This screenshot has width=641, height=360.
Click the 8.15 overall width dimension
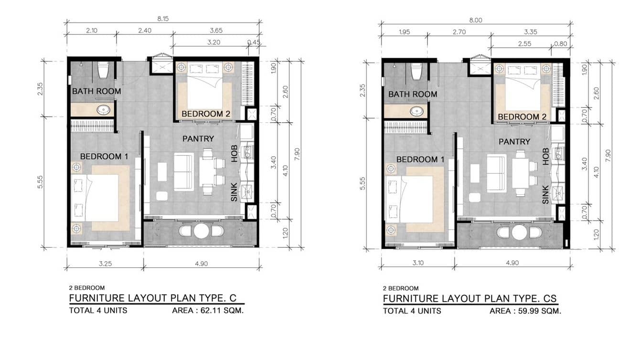tap(163, 19)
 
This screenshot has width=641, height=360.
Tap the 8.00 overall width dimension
tap(475, 20)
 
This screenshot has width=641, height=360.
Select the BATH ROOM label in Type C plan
tap(96, 91)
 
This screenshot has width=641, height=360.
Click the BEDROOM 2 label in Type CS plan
tap(522, 116)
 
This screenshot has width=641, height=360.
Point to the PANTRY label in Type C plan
tap(198, 138)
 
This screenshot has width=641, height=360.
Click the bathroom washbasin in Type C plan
tap(103, 109)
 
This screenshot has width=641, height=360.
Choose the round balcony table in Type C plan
tap(201, 231)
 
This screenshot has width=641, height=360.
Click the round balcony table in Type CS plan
tap(519, 233)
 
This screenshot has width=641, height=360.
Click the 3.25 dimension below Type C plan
tap(105, 264)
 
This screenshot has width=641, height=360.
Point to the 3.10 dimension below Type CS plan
tap(418, 263)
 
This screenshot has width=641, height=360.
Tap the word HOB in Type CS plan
tap(545, 157)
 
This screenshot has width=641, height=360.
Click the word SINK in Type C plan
tap(234, 192)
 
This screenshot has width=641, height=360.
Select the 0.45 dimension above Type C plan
tap(254, 42)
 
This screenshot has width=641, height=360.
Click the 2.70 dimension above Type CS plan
tap(459, 32)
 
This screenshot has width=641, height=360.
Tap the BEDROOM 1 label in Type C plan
tap(104, 157)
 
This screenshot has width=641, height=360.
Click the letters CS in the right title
tap(550, 298)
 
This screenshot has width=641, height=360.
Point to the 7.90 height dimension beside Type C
tap(297, 154)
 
